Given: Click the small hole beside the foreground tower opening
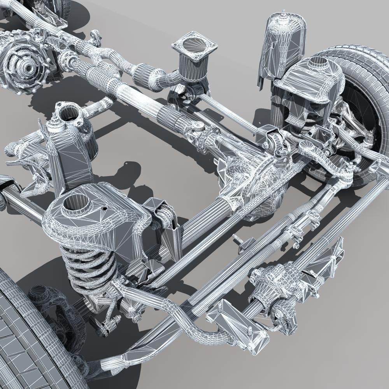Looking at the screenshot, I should [104, 209].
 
